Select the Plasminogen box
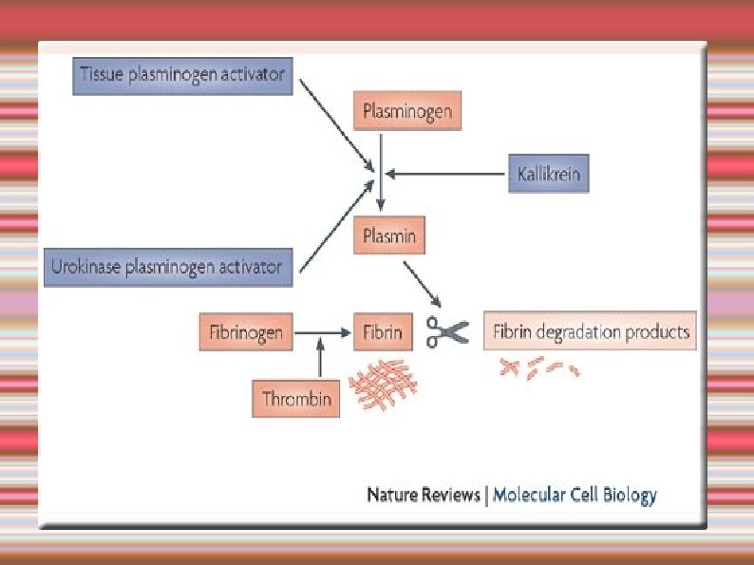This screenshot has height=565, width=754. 407,113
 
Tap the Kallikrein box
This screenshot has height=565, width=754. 549,174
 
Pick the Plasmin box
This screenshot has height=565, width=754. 389,235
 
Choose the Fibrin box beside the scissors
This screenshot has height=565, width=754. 383,333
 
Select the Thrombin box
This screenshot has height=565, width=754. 297,399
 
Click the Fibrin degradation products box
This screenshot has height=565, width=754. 591,332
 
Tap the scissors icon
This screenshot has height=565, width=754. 447,331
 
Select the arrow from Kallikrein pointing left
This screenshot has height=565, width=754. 445,174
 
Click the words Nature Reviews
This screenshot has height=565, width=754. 424,495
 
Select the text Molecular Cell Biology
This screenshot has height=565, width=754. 575,495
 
